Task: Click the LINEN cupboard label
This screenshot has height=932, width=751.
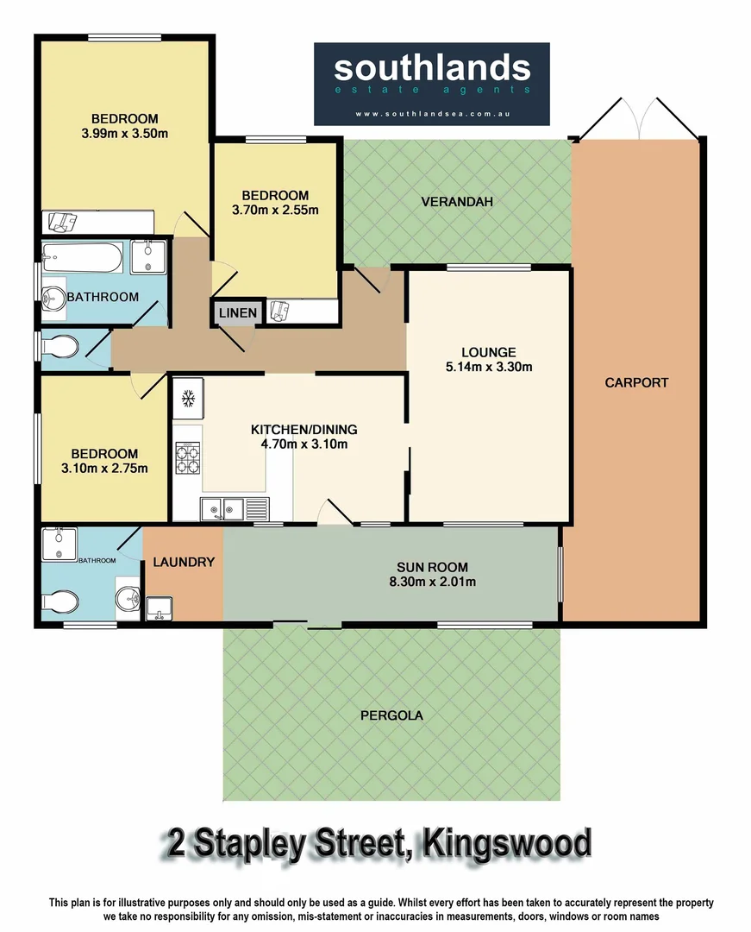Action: (237, 312)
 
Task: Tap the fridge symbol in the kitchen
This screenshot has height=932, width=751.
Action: (188, 399)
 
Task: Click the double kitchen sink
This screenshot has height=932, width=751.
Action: (220, 510)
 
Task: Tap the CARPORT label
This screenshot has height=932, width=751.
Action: (636, 382)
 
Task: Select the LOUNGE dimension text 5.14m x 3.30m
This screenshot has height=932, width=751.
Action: (488, 367)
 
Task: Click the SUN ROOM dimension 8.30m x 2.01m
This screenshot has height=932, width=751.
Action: (432, 582)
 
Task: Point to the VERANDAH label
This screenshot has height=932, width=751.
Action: (456, 202)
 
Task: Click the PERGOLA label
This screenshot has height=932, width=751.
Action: (391, 715)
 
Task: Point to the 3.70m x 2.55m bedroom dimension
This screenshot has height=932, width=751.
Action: (275, 210)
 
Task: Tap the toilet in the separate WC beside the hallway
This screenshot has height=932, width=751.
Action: (62, 348)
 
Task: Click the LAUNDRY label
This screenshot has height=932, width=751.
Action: (183, 562)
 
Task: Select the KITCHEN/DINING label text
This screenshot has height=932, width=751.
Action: (304, 430)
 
